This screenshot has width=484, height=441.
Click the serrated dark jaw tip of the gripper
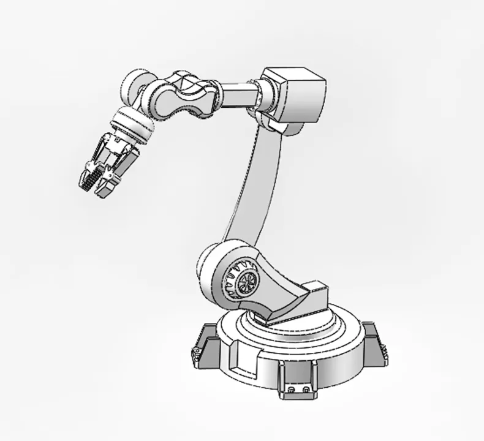click(87, 178)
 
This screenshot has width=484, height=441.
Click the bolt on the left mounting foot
click(197, 353)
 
